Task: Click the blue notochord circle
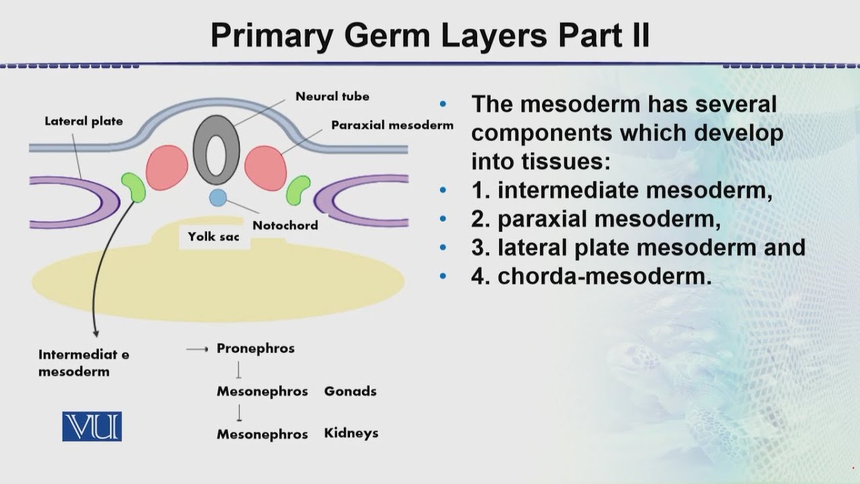coord(217,197)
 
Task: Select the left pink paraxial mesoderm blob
coord(167,167)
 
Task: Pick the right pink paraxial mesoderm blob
coord(265,168)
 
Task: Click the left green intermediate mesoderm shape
coord(133,187)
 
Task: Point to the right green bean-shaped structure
coord(298,190)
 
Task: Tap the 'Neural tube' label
coord(332,96)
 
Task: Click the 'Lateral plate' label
coord(83,122)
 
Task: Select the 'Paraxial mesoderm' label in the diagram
coord(392,125)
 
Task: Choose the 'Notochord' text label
coord(285,225)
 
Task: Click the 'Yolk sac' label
coord(214,237)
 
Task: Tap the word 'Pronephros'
coord(255,348)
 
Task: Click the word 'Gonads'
coord(350,391)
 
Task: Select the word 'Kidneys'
coord(351,433)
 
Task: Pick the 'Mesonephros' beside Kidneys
coord(262,434)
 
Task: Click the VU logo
coord(92,426)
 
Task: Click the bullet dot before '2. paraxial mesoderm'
coord(442,219)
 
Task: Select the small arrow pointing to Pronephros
coord(197,349)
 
